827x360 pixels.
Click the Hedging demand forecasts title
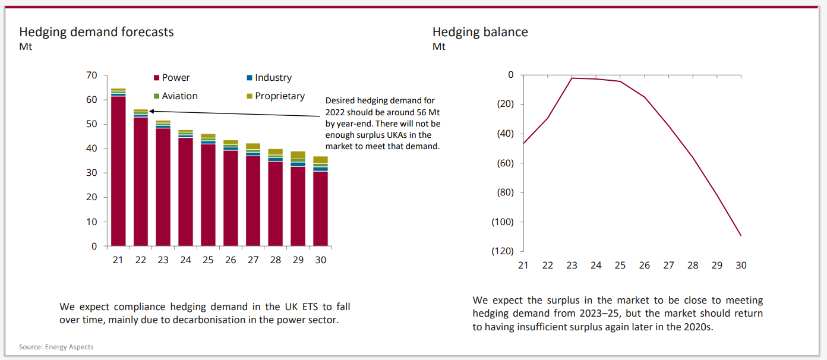click(96, 32)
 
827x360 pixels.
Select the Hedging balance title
click(480, 32)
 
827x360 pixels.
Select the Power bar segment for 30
click(320, 209)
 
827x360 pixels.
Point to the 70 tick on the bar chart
click(91, 75)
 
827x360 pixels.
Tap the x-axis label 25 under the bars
click(207, 260)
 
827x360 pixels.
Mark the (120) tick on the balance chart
click(502, 251)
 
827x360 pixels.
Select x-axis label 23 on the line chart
click(572, 266)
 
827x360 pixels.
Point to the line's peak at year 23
click(572, 78)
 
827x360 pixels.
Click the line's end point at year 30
click(741, 236)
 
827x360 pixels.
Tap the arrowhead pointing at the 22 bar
click(151, 110)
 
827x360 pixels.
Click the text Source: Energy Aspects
click(56, 347)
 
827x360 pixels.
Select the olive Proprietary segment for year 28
click(275, 152)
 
